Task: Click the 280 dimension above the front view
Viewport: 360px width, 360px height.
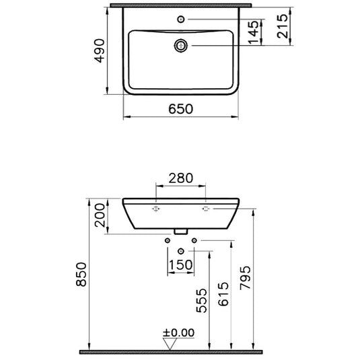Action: point(180,178)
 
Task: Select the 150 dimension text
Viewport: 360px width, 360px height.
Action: point(180,265)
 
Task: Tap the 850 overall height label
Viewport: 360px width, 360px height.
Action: point(81,275)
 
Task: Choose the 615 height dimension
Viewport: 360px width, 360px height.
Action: point(224,294)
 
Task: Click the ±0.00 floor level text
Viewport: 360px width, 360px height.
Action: point(178,332)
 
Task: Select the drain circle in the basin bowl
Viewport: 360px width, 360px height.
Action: point(180,45)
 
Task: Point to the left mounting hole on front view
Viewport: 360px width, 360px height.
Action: point(155,209)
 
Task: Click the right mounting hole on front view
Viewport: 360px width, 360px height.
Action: point(206,209)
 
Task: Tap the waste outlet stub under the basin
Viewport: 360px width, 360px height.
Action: point(180,231)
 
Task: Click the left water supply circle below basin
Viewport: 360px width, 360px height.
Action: point(167,240)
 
